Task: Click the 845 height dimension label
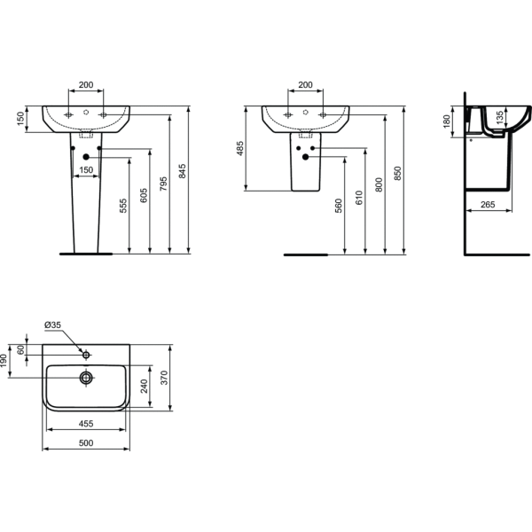(x=182, y=171)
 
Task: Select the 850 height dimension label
(x=397, y=174)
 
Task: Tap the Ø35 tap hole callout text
(x=52, y=325)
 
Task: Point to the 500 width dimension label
(x=86, y=442)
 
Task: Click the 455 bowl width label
(x=86, y=424)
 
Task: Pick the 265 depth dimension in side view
(x=488, y=205)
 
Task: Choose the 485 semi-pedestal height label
(x=240, y=149)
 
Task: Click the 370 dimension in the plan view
(x=164, y=378)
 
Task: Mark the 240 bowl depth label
(x=144, y=387)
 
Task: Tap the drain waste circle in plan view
(x=86, y=378)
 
